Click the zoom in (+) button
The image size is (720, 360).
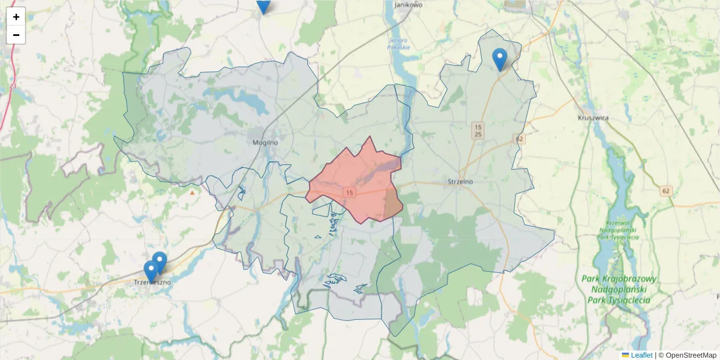point(16,17)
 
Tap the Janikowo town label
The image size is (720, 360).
point(409,5)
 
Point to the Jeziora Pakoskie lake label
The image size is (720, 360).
point(398,44)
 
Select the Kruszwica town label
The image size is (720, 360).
point(593,118)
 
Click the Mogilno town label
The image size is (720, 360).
point(265,143)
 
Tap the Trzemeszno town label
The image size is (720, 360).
point(152,282)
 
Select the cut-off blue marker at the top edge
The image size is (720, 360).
point(263,6)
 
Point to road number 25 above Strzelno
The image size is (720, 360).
point(478,134)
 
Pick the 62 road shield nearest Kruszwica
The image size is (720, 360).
point(519,139)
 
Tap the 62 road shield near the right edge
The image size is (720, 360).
point(665,191)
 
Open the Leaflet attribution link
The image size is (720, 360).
point(641,355)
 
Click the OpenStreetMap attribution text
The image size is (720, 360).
point(691,355)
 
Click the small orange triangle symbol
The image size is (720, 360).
point(192,193)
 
